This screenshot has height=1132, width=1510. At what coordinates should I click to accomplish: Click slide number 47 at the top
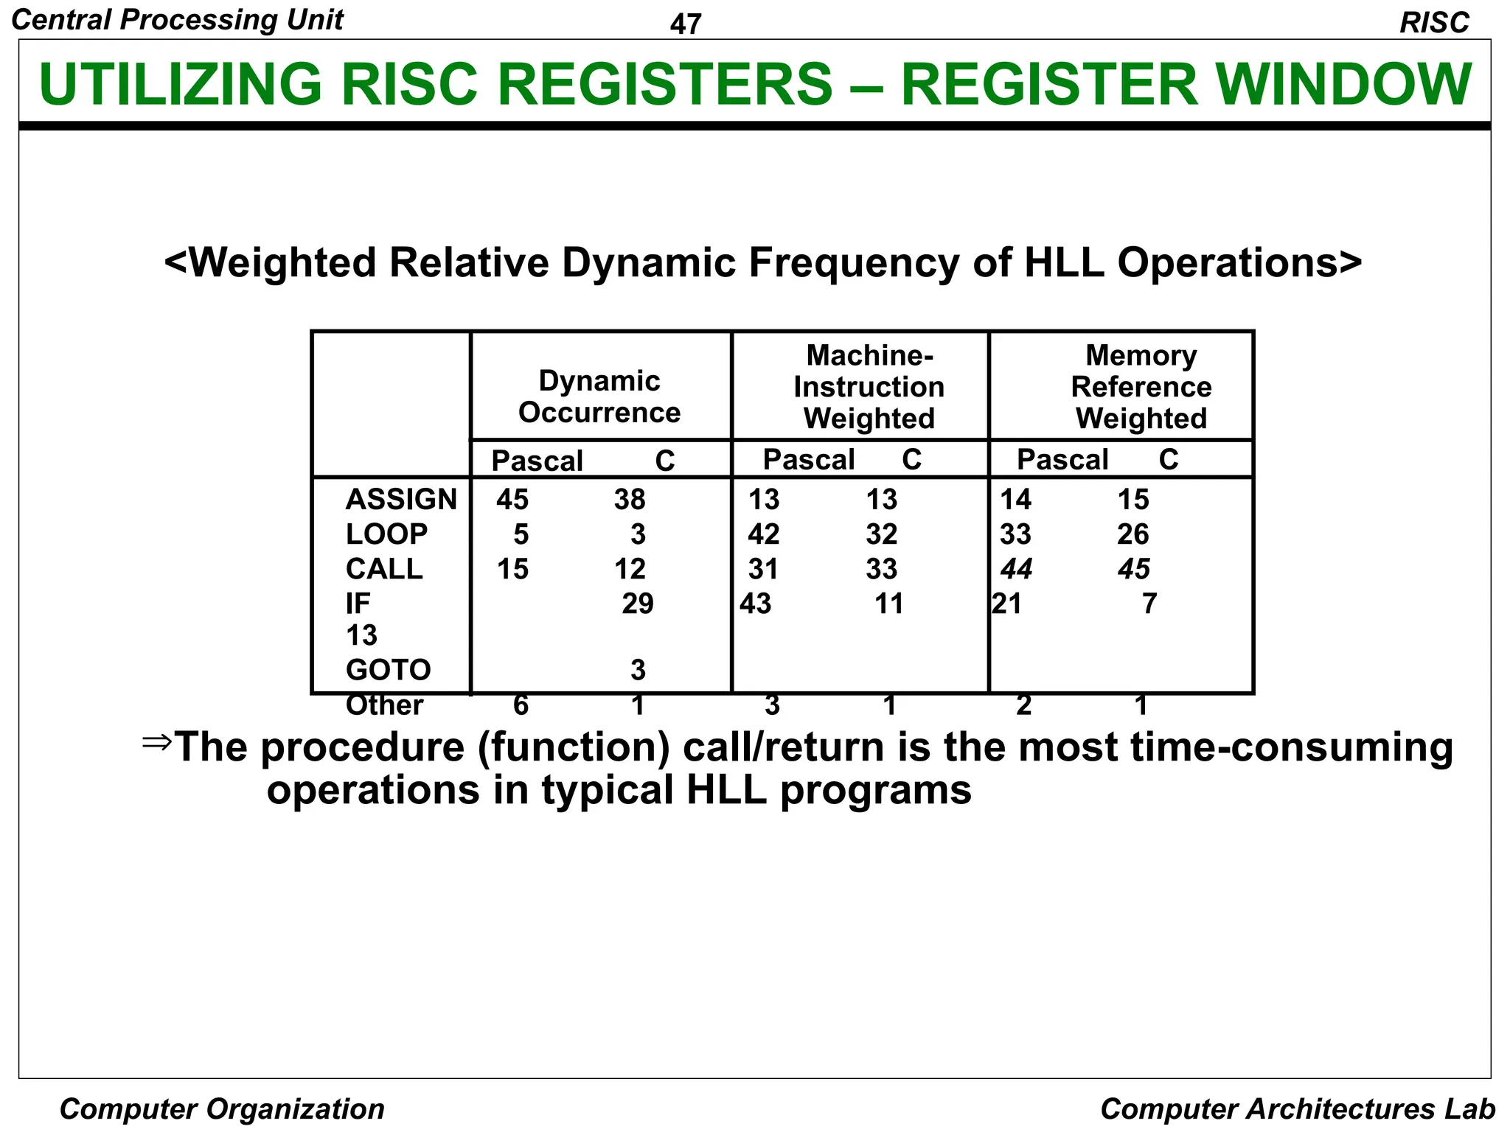click(685, 24)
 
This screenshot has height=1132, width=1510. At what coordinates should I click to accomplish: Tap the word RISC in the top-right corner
click(1434, 23)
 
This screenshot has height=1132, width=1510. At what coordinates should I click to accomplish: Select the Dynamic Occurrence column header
click(599, 396)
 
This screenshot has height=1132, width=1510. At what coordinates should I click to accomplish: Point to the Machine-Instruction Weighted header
click(869, 387)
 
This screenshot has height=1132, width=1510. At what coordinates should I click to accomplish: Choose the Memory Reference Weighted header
click(1141, 387)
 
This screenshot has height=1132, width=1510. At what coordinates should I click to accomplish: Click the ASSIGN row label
click(401, 500)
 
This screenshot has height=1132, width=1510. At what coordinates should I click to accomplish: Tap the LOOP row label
click(386, 534)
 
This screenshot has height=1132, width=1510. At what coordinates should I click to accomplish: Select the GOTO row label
click(388, 670)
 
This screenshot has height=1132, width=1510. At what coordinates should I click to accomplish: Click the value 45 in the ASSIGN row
click(512, 500)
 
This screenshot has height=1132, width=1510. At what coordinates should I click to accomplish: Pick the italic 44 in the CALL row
click(1016, 569)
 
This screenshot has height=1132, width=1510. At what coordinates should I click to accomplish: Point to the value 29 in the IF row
click(637, 604)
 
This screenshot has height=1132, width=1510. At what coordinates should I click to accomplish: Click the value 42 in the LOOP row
click(763, 534)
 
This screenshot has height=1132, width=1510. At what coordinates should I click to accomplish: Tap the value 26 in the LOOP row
click(1132, 534)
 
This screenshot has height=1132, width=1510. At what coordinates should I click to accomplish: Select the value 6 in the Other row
click(521, 705)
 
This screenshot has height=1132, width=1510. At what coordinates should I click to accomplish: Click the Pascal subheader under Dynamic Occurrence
click(537, 461)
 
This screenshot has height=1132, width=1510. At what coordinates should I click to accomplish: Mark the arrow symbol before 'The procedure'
click(156, 741)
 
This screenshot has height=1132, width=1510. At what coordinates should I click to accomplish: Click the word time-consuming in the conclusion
click(1291, 747)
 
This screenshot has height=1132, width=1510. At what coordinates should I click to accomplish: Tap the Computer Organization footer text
click(222, 1109)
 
